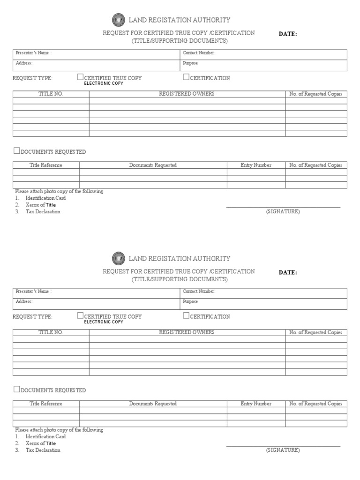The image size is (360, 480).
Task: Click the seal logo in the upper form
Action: pos(119,20)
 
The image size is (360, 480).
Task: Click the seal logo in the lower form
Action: pos(119,258)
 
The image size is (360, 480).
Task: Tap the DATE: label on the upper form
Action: pos(288,34)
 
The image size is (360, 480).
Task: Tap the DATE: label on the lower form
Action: pos(288,273)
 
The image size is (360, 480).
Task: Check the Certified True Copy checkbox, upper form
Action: pos(80,77)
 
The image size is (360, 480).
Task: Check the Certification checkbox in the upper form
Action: pos(186,77)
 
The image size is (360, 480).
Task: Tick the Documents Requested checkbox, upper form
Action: pos(17,151)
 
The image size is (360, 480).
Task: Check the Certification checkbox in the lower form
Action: pos(186,315)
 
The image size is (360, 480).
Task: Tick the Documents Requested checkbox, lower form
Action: pos(17,389)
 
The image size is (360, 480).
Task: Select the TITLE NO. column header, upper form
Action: pos(51,94)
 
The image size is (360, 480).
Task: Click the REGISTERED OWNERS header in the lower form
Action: pos(187,332)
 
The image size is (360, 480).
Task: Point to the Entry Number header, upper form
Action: pos(256,165)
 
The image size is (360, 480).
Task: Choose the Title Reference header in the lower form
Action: pos(46,404)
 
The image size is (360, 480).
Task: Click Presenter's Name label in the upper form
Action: pos(33,53)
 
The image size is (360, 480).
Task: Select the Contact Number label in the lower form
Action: pos(199,291)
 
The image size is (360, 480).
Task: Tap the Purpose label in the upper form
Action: pos(190,63)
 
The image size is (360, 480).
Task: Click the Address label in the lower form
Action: pos(24,302)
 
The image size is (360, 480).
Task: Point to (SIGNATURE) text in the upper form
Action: pos(283,211)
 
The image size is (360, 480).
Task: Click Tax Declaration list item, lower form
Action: pos(43,450)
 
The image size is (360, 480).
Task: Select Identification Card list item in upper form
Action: pos(45,198)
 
